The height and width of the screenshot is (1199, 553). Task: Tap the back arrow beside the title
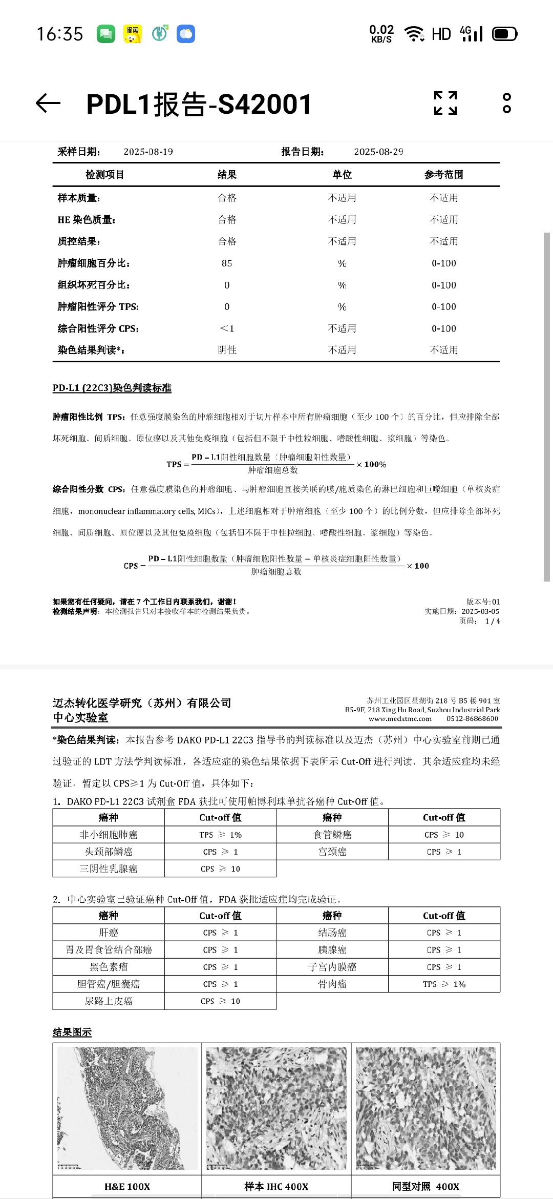pos(49,104)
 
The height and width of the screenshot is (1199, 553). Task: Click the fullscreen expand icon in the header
pos(445,103)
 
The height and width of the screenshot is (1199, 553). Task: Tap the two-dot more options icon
pos(506,103)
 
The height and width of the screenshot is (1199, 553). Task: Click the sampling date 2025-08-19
pos(148,152)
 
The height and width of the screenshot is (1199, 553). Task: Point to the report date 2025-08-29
pos(378,152)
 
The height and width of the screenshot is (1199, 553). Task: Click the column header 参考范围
pos(443,175)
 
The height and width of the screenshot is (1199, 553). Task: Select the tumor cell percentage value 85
pos(227,263)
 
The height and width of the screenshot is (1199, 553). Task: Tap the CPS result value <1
pos(227,328)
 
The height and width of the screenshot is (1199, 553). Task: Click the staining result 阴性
pos(227,350)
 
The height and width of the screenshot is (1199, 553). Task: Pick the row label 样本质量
pos(79,198)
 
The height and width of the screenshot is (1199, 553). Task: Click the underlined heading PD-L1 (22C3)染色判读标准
pos(112,388)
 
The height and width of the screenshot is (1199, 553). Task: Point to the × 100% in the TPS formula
pos(371,465)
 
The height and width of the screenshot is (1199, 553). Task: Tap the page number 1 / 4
pos(492,622)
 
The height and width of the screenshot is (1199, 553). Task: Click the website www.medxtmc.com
pos(400,719)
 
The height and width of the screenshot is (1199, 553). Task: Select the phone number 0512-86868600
pos(472,719)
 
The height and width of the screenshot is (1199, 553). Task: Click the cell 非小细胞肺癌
pos(109,835)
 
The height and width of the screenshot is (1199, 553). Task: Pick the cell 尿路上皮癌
pos(109,1001)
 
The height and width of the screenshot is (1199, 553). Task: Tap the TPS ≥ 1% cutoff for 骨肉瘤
pos(444,984)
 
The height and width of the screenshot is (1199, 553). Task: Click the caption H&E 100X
pos(127,1187)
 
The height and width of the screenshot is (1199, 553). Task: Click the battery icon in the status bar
pos(504,34)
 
